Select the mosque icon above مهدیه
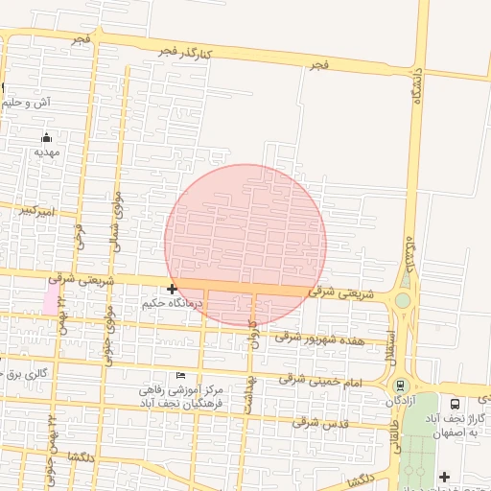click(46, 137)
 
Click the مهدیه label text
click(47, 152)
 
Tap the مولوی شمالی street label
click(116, 222)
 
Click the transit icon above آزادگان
click(400, 385)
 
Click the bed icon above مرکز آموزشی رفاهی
click(182, 375)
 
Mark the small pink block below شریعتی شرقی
click(49, 297)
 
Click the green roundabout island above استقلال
click(403, 300)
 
